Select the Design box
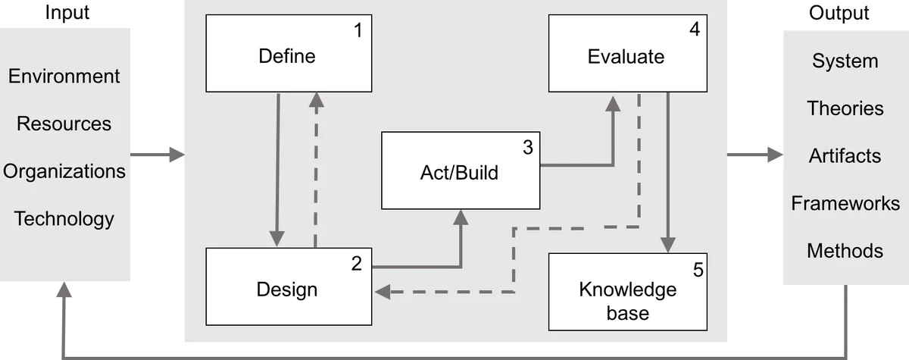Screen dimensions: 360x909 289,288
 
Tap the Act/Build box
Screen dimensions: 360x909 459,171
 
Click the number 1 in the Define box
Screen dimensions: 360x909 358,33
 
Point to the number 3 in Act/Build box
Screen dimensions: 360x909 527,147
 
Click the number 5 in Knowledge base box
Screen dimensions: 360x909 698,269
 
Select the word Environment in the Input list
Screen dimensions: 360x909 64,76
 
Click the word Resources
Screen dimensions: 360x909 64,124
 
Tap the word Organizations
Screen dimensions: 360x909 64,171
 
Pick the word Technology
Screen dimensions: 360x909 64,219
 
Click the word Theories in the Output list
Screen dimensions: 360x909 845,108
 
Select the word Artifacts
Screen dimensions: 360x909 845,156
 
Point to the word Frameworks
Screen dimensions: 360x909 845,203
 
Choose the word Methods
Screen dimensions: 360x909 845,251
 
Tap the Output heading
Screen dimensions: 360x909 839,13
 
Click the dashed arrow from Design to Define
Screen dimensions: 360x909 316,171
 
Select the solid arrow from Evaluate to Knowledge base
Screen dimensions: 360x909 667,171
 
